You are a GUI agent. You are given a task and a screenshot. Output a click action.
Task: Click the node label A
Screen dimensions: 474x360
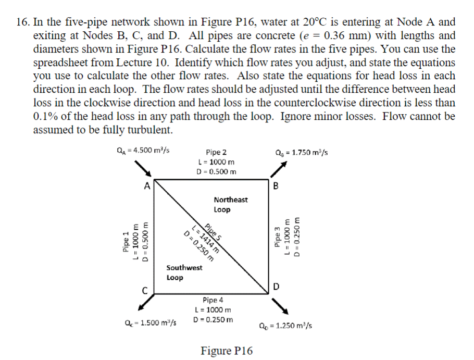coord(147,186)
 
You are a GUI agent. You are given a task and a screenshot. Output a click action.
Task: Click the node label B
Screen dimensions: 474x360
coord(276,185)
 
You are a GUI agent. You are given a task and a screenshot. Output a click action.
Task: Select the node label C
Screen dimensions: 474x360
coord(147,290)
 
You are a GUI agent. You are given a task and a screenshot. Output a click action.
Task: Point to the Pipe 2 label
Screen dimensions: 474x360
coord(216,153)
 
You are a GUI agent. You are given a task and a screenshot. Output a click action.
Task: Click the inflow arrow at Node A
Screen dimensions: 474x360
coord(144,168)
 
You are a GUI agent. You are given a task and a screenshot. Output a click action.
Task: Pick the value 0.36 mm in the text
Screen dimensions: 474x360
coord(342,36)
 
